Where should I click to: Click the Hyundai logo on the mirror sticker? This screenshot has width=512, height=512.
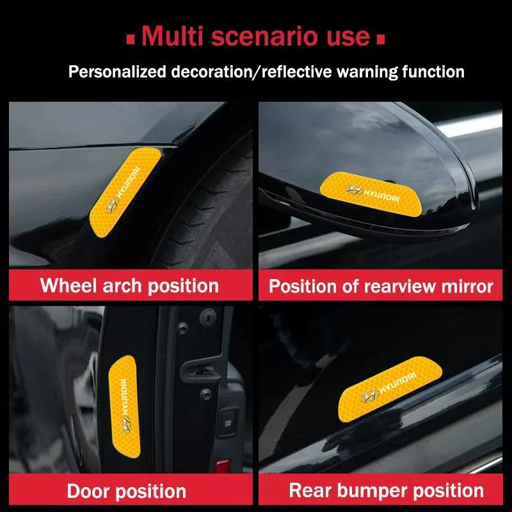pyautogui.click(x=353, y=190)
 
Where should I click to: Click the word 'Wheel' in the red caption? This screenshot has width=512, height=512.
pyautogui.click(x=67, y=285)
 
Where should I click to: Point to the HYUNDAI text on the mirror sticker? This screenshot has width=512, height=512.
pyautogui.click(x=382, y=191)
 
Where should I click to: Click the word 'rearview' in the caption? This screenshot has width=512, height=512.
pyautogui.click(x=390, y=285)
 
